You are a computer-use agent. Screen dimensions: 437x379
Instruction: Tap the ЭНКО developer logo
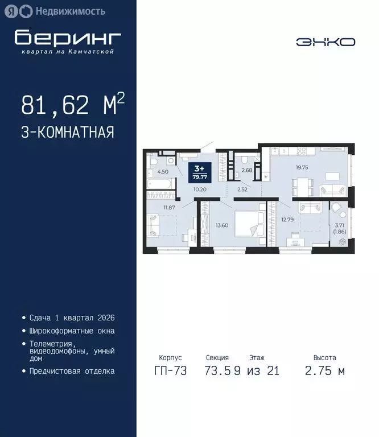(x=326, y=42)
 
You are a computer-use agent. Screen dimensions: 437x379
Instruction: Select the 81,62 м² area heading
(x=73, y=105)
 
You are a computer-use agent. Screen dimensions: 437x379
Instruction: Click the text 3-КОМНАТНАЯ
(x=68, y=133)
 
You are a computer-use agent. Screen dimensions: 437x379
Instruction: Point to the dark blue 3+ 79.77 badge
(x=201, y=171)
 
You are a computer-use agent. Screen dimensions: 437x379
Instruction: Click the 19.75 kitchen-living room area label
(x=302, y=168)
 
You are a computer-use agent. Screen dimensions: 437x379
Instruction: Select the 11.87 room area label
(x=169, y=207)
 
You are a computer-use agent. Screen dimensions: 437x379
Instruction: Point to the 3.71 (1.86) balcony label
(x=340, y=229)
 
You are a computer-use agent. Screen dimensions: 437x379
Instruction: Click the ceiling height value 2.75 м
(x=324, y=371)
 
